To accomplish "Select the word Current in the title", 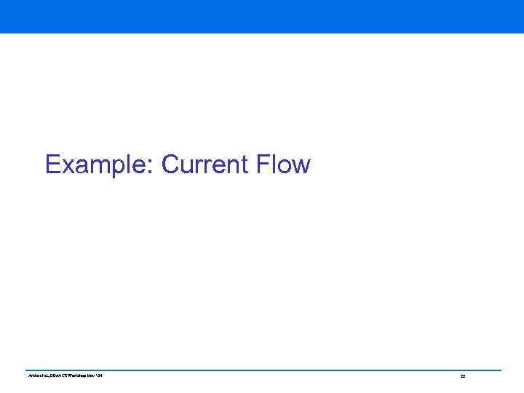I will [x=205, y=164].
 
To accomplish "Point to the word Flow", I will [x=283, y=164].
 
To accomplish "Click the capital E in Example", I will [x=52, y=164].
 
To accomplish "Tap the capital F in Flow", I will [x=263, y=164].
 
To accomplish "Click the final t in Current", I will [x=247, y=166].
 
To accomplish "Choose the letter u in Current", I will [x=186, y=167].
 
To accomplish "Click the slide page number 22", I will [x=462, y=376].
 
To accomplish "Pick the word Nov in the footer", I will [x=90, y=376].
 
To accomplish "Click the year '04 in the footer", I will [x=99, y=376].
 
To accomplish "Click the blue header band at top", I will [x=262, y=16].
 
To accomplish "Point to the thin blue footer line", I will [x=262, y=370].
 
